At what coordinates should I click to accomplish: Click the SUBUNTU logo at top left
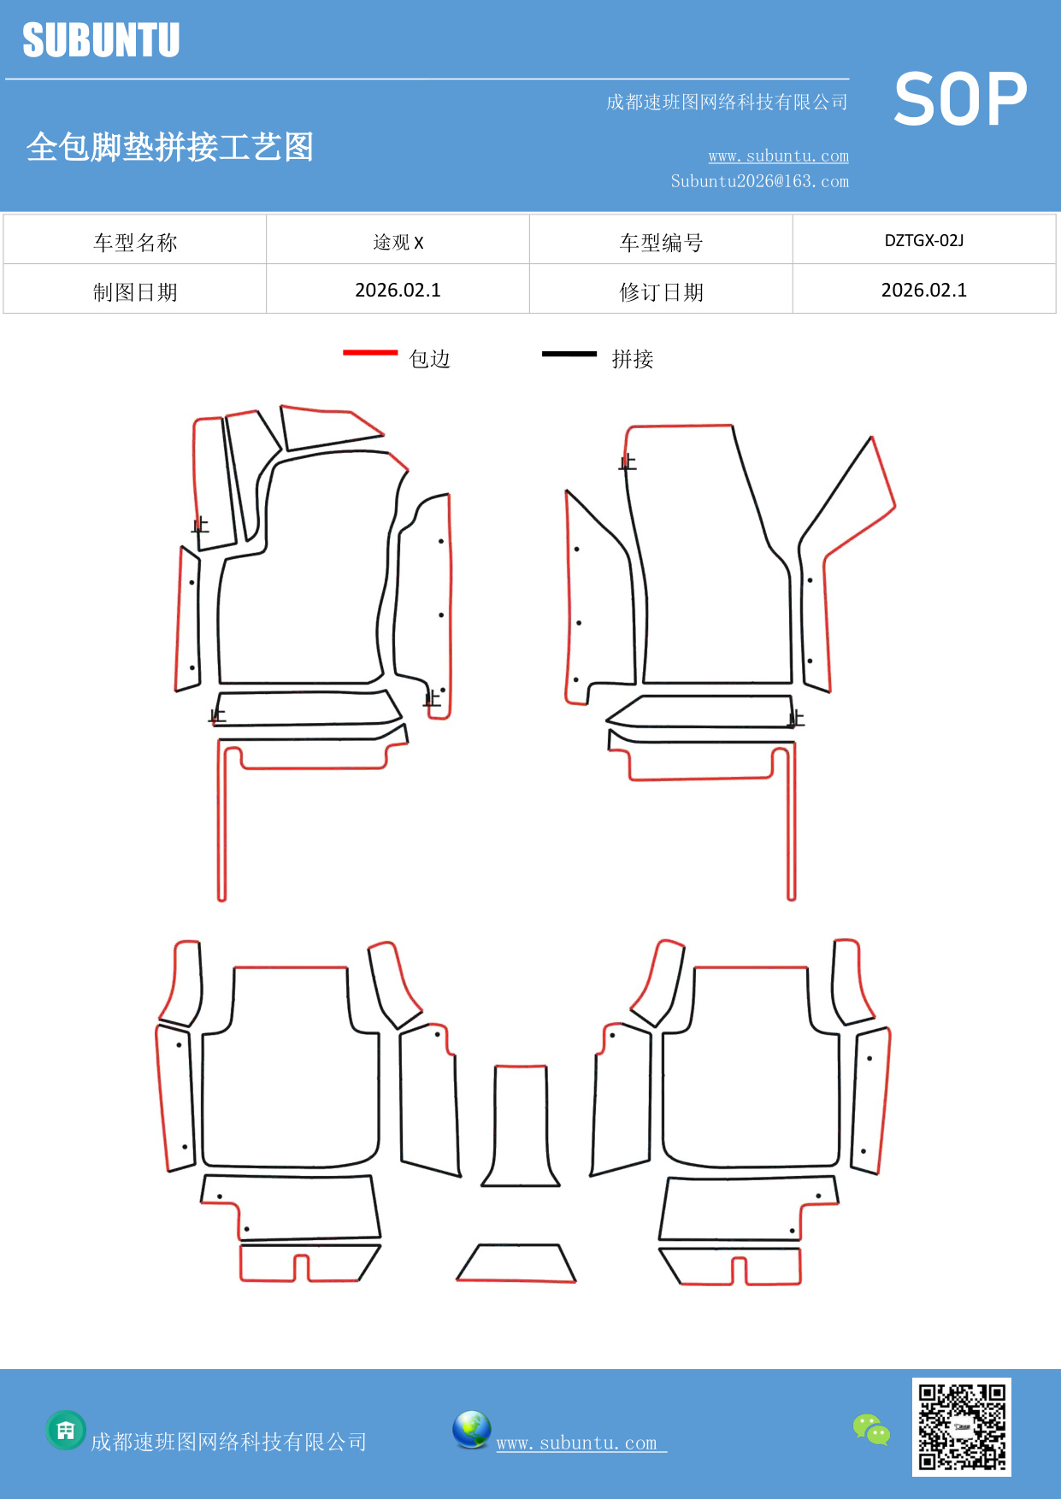[x=101, y=40]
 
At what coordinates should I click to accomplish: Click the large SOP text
[x=959, y=99]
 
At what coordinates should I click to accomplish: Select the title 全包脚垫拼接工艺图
[x=169, y=147]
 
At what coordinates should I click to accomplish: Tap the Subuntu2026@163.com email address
[x=759, y=181]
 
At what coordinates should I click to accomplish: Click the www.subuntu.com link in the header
[x=778, y=156]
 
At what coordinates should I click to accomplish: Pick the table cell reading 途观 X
[x=398, y=242]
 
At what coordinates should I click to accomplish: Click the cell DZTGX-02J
[x=923, y=241]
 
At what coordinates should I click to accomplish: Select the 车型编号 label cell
[x=661, y=243]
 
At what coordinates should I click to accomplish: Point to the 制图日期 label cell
[x=135, y=292]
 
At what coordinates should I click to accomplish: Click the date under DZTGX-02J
[x=923, y=291]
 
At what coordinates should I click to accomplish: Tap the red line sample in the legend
[x=370, y=352]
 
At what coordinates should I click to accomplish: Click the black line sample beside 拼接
[x=569, y=353]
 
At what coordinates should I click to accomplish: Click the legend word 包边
[x=429, y=359]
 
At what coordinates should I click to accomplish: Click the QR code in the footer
[x=961, y=1426]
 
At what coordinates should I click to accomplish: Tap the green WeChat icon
[x=871, y=1429]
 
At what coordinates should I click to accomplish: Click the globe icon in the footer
[x=471, y=1430]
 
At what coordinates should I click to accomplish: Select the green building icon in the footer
[x=66, y=1430]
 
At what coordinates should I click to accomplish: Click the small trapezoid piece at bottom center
[x=516, y=1263]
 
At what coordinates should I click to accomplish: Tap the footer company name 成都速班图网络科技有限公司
[x=228, y=1442]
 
